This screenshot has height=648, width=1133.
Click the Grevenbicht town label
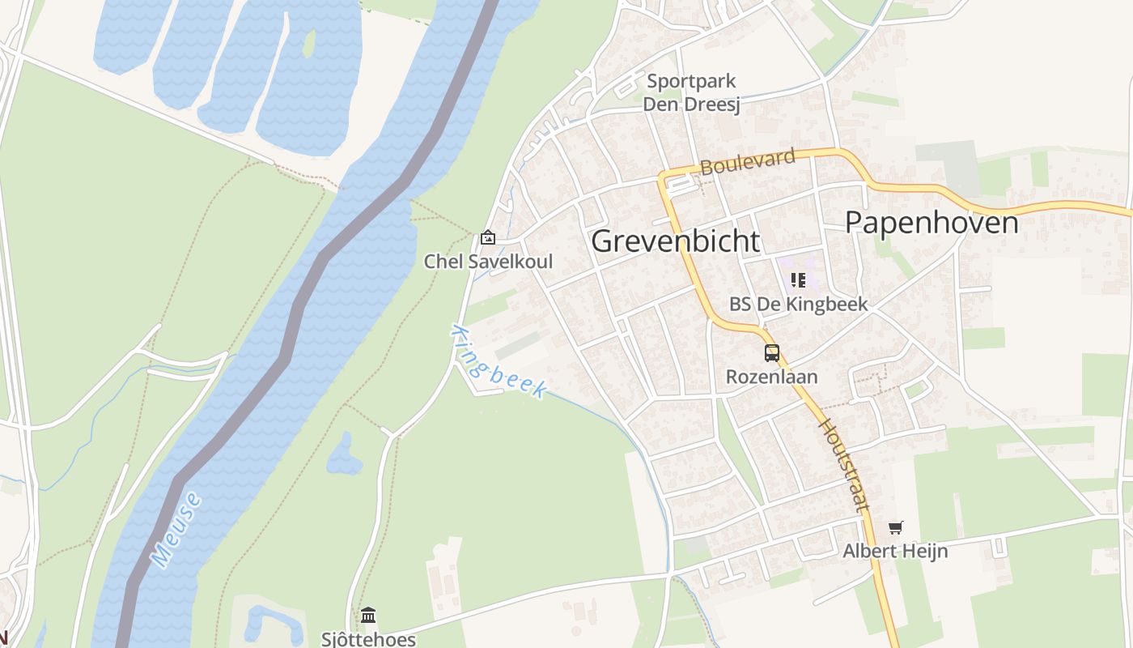coord(676,241)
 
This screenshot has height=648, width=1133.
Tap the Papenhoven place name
coord(931,221)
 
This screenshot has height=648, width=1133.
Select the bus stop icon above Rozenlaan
coord(772,353)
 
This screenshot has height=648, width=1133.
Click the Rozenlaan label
coord(771,377)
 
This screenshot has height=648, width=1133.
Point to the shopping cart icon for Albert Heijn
coord(895,528)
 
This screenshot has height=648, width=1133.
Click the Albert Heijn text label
coord(895,551)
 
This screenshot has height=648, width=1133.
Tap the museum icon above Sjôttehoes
coord(368,616)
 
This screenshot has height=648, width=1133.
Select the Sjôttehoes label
coord(368,638)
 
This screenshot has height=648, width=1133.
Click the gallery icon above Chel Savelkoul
coord(488,237)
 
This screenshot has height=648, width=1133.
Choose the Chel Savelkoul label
coord(488,261)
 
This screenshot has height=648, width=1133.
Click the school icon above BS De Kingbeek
coord(798,280)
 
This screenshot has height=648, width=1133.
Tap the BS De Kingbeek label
coord(798,304)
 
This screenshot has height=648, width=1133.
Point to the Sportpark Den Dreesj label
coord(691,92)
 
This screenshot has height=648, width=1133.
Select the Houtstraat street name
coord(845,464)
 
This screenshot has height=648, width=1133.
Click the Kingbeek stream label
coord(499,362)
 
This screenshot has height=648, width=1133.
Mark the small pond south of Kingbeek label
coord(343,457)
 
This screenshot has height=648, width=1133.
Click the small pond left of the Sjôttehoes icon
coord(267,622)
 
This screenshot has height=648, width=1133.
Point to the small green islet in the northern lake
coord(308,44)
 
